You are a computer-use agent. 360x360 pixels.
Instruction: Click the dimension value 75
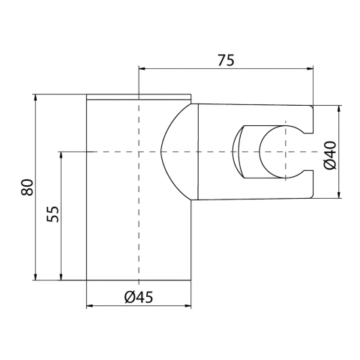tap(226, 60)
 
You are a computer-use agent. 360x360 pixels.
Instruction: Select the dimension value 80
tap(27, 187)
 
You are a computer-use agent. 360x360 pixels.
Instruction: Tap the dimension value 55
tap(52, 214)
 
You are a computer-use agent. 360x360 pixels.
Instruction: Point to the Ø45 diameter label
tap(139, 297)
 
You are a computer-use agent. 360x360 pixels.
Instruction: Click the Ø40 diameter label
tap(330, 155)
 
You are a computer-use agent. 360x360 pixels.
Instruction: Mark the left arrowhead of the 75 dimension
tap(142, 68)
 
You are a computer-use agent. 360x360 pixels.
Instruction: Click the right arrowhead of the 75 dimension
tap(310, 68)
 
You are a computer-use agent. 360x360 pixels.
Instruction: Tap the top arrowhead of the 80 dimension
tap(35, 97)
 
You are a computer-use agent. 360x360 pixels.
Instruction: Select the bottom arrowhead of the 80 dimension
tap(35, 277)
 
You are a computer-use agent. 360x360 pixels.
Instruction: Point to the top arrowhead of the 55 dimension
tap(61, 155)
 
